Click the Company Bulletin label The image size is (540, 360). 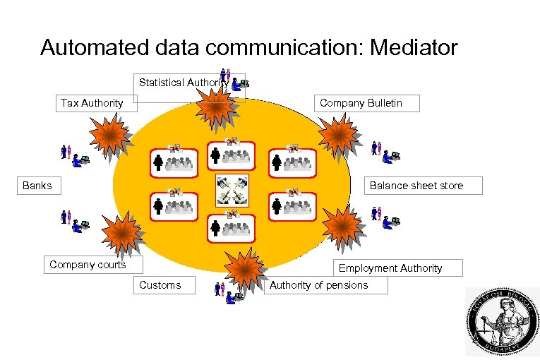pyautogui.click(x=366, y=103)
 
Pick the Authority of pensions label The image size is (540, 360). pyautogui.click(x=325, y=285)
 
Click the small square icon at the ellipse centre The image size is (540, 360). pyautogui.click(x=232, y=190)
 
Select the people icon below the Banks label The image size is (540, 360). pyautogui.click(x=74, y=220)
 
